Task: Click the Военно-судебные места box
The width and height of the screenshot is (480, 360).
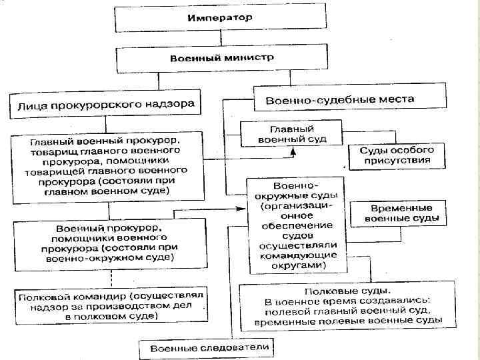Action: click(x=340, y=99)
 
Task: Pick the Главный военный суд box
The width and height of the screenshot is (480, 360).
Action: click(x=291, y=133)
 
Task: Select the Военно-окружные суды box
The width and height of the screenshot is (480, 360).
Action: click(x=296, y=224)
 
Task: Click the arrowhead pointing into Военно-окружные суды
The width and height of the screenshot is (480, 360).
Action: click(x=242, y=209)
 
